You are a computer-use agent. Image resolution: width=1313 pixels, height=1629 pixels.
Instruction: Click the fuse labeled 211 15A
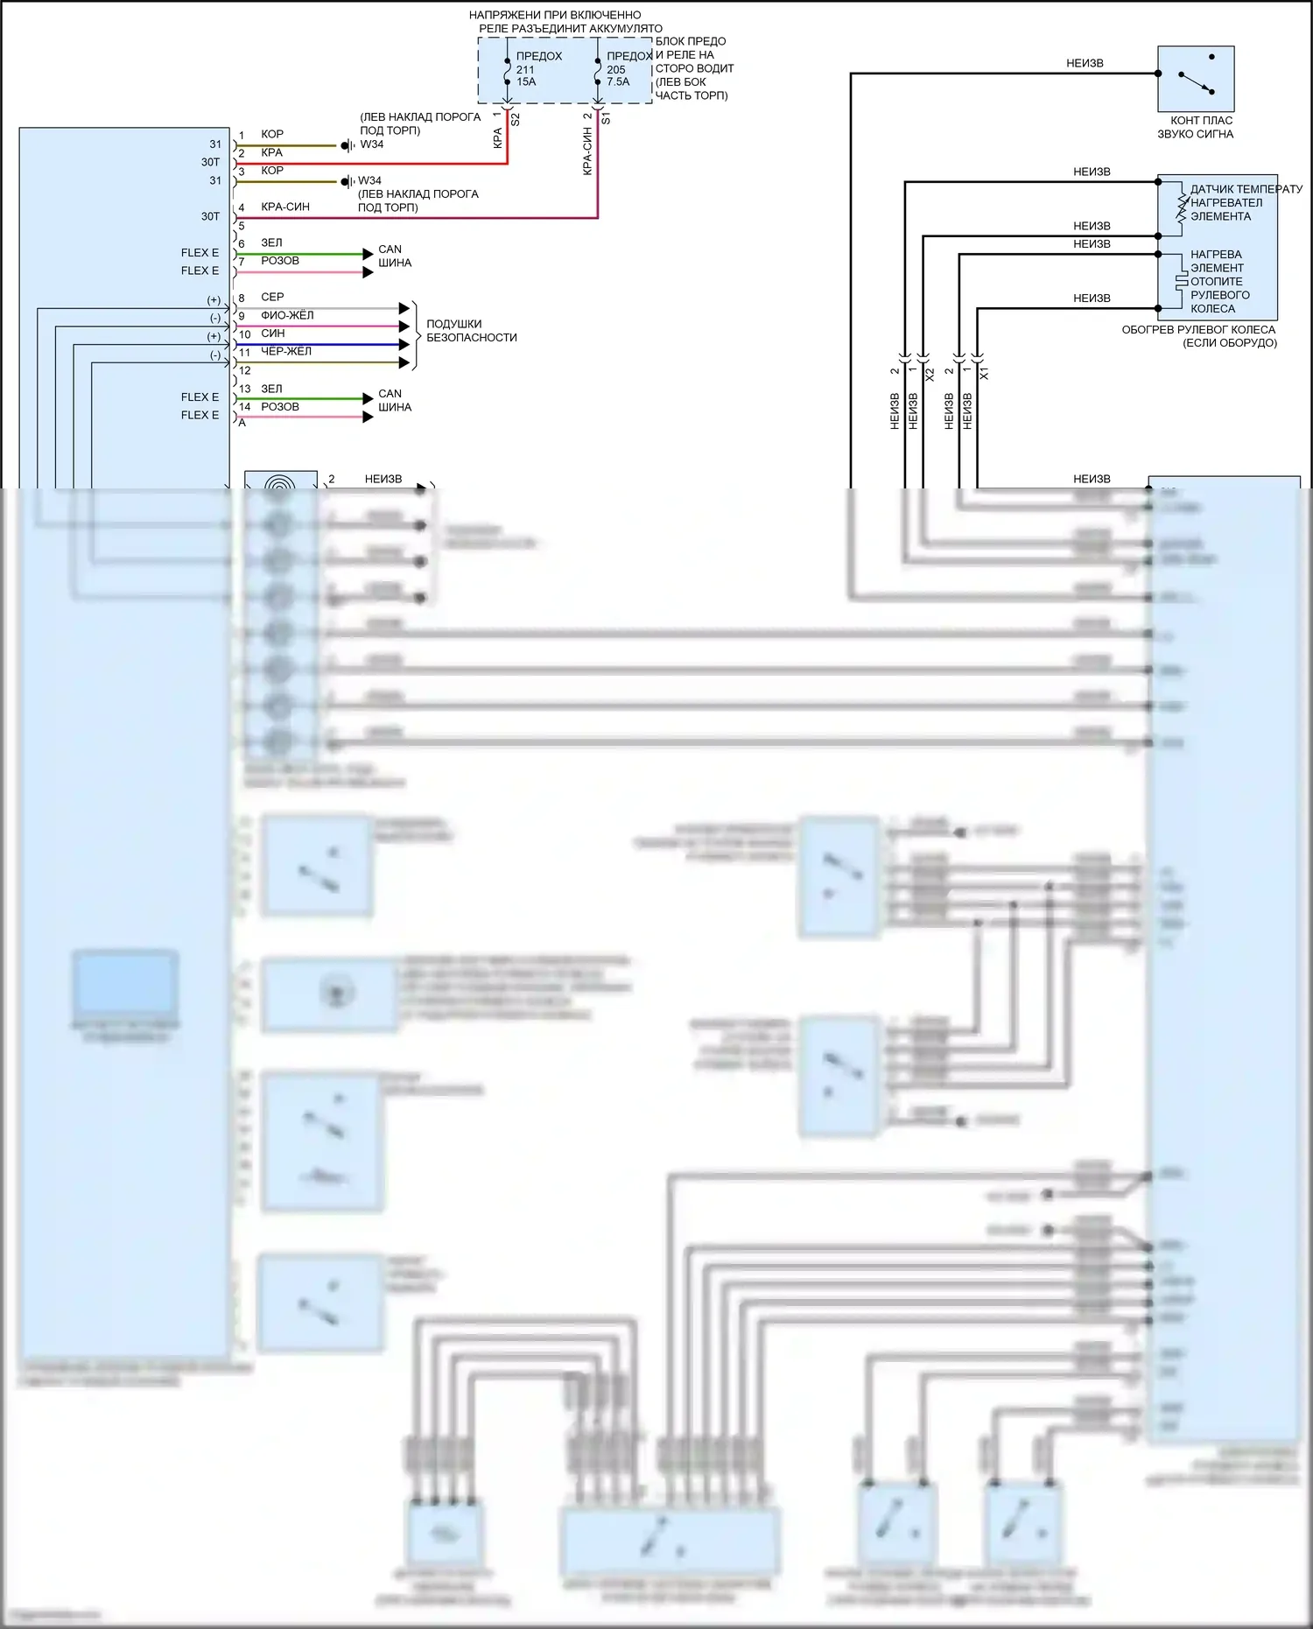click(x=509, y=71)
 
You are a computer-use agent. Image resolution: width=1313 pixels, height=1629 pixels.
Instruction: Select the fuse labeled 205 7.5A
click(x=599, y=71)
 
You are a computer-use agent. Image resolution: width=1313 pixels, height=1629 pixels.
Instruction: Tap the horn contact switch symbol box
click(x=1196, y=79)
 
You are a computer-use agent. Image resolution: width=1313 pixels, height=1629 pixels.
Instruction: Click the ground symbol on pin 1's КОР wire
click(x=348, y=145)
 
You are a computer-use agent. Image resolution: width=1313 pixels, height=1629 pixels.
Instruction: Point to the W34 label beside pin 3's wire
click(x=369, y=180)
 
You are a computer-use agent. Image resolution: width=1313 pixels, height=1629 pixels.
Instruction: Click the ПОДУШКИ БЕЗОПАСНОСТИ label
click(x=471, y=331)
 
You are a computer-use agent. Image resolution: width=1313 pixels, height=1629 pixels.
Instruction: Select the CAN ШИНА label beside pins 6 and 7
click(x=394, y=256)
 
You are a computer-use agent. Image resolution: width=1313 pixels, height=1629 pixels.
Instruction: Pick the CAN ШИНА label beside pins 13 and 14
click(x=394, y=400)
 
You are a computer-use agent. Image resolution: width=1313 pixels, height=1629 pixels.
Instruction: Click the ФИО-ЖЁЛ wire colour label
click(x=287, y=315)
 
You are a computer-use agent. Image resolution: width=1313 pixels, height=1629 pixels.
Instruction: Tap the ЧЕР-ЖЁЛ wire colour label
click(x=286, y=351)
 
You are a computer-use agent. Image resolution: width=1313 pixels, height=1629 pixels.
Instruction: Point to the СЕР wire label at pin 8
click(x=272, y=297)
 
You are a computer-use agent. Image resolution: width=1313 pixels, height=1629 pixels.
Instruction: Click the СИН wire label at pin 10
click(x=272, y=334)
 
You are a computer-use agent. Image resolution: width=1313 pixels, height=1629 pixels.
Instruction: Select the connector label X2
click(x=930, y=374)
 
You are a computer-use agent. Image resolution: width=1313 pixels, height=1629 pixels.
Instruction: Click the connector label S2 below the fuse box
click(x=516, y=119)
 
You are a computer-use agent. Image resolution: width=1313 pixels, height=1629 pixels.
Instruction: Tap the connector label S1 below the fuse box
click(x=606, y=118)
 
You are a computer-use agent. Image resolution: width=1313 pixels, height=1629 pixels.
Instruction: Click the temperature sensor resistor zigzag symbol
click(x=1182, y=207)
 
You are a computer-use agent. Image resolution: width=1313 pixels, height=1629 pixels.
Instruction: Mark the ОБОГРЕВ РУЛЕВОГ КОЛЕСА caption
click(x=1198, y=330)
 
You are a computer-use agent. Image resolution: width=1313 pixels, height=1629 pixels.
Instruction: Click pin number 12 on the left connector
click(x=245, y=370)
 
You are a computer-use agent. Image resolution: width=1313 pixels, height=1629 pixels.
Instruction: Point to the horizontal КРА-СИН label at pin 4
click(x=285, y=207)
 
